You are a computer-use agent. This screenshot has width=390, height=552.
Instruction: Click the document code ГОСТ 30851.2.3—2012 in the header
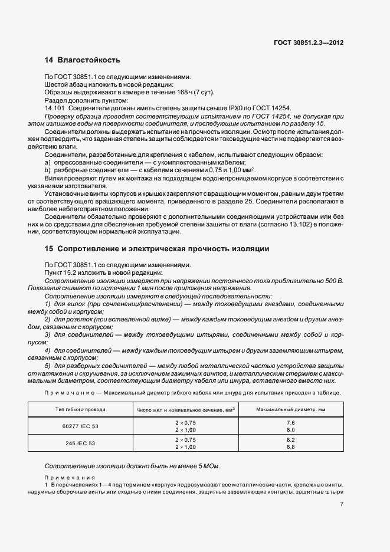(x=309, y=42)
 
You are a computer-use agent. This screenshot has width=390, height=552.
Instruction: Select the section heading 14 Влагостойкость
(x=83, y=60)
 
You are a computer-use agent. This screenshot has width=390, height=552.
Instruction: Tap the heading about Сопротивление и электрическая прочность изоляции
(x=157, y=249)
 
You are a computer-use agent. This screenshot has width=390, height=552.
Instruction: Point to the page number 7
(x=342, y=504)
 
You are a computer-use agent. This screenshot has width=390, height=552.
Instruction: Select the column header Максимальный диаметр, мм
(x=290, y=408)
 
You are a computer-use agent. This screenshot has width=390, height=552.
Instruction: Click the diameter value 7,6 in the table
(x=290, y=423)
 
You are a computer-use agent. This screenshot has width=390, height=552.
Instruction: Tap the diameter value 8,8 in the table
(x=290, y=447)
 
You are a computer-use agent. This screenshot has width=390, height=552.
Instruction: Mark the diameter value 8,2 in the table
(x=290, y=440)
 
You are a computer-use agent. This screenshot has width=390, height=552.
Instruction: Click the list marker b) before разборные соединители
(x=48, y=169)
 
